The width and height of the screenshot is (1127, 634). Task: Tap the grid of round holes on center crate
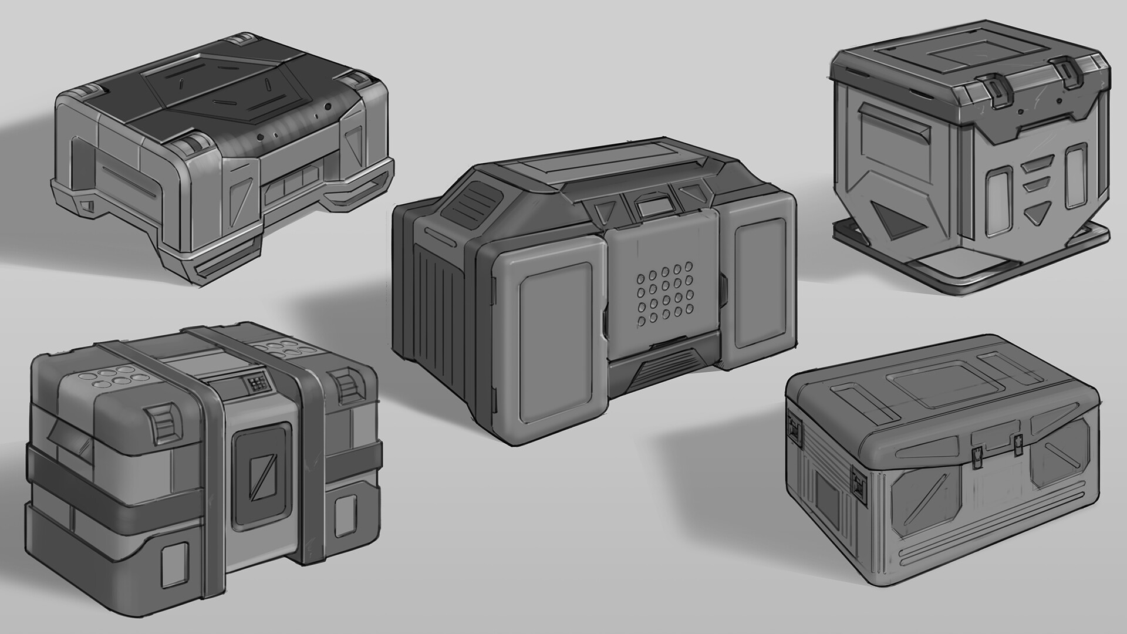pyautogui.click(x=664, y=296)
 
